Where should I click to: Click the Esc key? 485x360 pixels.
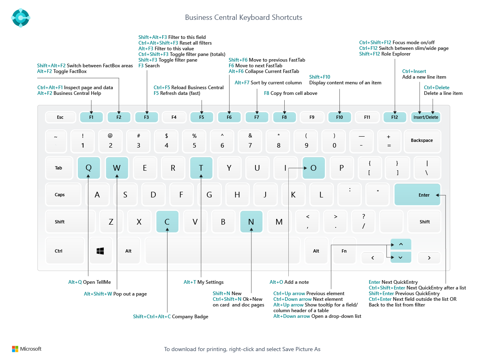[x=60, y=117]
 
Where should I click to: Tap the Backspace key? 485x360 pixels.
[x=422, y=141]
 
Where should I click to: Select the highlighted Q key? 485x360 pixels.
[x=88, y=168]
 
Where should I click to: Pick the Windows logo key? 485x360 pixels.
[x=100, y=251]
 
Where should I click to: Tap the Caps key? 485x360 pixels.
[x=60, y=195]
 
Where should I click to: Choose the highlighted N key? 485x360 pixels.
[x=251, y=222]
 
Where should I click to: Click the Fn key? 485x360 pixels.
[x=344, y=251]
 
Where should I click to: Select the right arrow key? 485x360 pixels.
[x=429, y=257]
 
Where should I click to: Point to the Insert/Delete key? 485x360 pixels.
[x=425, y=117]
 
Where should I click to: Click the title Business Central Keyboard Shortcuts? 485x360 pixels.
[x=243, y=17]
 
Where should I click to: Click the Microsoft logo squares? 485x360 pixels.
[x=15, y=349]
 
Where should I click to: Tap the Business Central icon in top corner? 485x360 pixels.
[x=21, y=17]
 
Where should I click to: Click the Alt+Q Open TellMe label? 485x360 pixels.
[x=89, y=282]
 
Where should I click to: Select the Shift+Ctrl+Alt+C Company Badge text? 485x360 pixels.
[x=170, y=317]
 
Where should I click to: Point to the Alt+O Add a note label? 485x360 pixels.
[x=289, y=282]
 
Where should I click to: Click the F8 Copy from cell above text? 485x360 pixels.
[x=290, y=93]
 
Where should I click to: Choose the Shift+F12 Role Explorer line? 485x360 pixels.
[x=384, y=54]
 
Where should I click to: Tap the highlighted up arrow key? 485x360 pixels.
[x=401, y=244]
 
